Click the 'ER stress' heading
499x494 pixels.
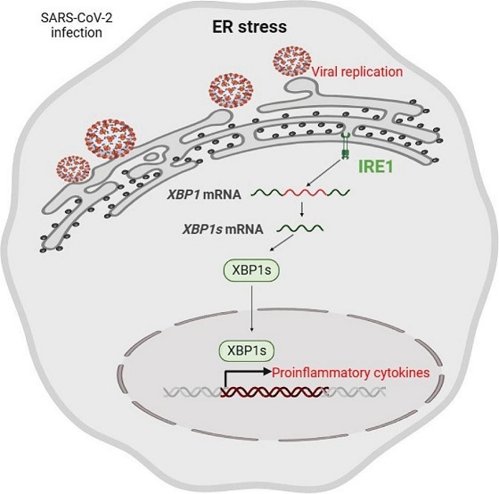point(250,27)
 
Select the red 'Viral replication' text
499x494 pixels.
point(357,71)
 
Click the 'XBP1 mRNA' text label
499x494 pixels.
point(204,194)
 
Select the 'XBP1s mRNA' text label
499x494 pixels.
point(223,229)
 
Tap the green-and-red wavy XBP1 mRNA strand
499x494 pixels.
point(301,192)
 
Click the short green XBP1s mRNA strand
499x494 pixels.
point(300,228)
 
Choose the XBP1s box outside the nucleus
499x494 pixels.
point(251,270)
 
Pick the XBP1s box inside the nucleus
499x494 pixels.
point(247,350)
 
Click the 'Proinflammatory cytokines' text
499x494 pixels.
point(351,373)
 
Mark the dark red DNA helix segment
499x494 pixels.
point(274,391)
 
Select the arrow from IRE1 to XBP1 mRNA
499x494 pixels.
point(324,172)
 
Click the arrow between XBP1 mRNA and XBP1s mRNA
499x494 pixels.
point(302,209)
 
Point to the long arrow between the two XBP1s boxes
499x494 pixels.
point(251,309)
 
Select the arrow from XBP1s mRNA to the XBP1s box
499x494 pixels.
point(282,243)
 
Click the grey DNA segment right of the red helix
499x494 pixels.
point(357,392)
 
